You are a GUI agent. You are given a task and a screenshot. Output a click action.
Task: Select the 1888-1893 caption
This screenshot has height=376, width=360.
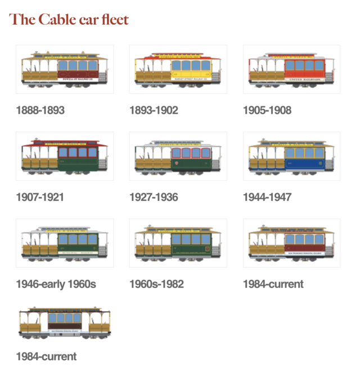[x=40, y=110]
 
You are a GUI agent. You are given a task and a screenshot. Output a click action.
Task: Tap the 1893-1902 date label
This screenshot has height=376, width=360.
[x=154, y=110]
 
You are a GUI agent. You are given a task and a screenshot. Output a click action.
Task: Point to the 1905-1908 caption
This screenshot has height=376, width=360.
[x=267, y=110]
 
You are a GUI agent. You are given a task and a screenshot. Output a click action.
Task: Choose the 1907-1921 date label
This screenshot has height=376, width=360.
[x=40, y=197]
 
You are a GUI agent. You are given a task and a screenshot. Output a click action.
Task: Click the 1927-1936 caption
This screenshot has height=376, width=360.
[x=154, y=197]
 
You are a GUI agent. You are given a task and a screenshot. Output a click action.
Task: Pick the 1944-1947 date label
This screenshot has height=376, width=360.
[x=267, y=197]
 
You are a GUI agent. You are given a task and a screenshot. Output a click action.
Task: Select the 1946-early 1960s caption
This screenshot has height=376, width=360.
[x=56, y=284]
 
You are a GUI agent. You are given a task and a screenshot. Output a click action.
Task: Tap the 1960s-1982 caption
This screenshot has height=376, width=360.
[x=156, y=284]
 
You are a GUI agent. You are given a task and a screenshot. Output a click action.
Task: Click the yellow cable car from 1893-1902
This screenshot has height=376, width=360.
[x=178, y=69]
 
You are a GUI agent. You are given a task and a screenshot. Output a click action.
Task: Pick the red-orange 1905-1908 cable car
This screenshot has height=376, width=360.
[x=291, y=69]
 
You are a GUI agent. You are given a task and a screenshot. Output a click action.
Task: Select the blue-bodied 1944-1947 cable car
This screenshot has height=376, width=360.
[x=291, y=156]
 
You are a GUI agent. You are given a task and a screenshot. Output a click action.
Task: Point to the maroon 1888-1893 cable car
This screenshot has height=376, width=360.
[x=65, y=69]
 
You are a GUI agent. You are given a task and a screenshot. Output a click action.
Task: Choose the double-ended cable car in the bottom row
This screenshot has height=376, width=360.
[x=65, y=325]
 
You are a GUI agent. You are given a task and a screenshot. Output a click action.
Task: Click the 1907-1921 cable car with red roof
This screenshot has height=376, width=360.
[x=65, y=156]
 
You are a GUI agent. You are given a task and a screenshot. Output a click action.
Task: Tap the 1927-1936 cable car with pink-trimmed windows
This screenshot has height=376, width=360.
[x=178, y=156]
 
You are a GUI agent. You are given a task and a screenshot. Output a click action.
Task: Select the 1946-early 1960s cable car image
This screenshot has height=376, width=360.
[x=65, y=243]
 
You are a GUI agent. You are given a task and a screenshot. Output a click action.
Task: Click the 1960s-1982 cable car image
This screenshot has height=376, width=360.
[x=178, y=243]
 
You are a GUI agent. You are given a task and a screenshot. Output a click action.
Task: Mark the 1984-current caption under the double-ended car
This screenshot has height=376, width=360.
[x=46, y=356]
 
